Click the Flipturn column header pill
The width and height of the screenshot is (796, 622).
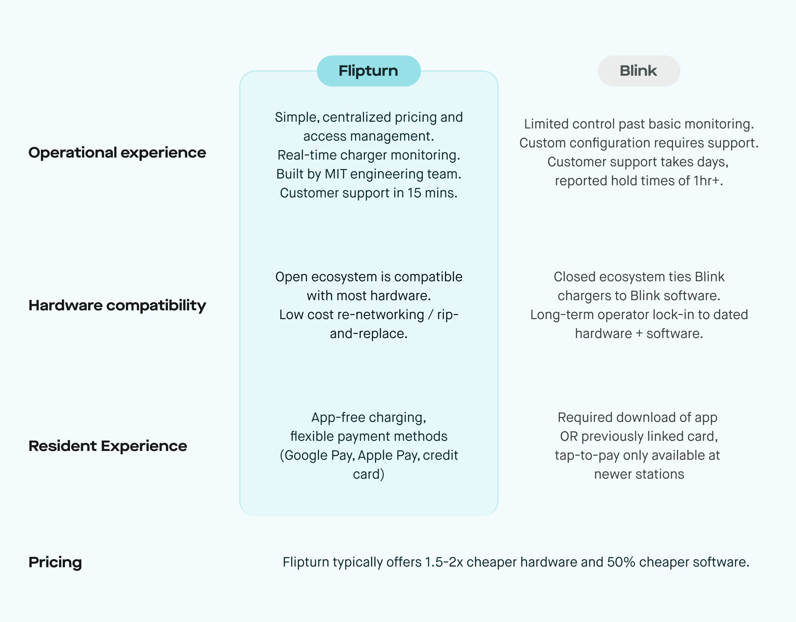click(369, 71)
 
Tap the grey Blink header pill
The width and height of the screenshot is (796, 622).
click(639, 71)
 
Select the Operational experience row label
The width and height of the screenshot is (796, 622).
click(117, 152)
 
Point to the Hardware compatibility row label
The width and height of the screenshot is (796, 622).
click(117, 305)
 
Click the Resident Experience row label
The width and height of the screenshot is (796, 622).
click(107, 446)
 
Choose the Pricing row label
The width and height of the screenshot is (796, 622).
click(55, 562)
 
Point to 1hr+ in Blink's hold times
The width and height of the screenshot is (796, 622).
click(707, 181)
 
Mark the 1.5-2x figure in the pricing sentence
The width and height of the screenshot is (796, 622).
click(444, 562)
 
